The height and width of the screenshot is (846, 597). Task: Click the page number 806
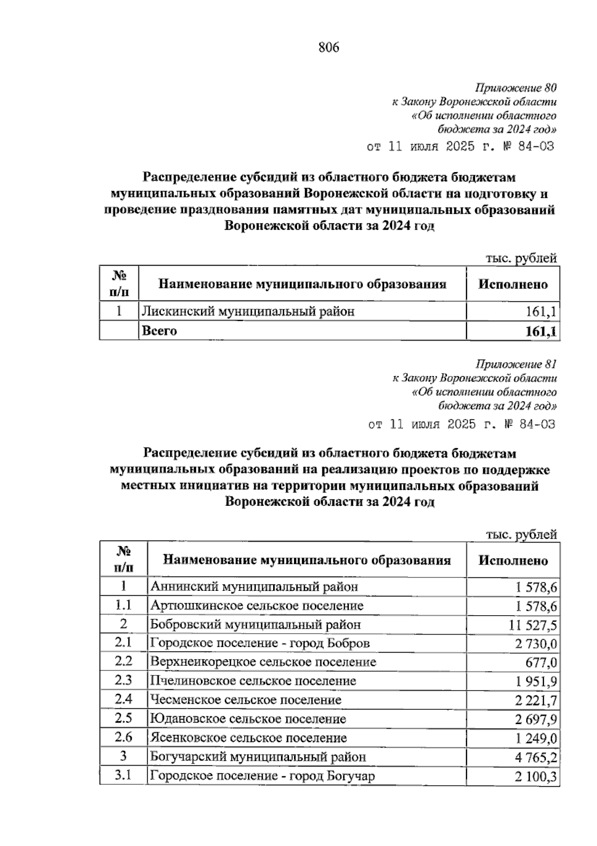click(328, 48)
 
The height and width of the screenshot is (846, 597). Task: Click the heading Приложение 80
click(515, 89)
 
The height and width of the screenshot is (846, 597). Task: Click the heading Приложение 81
click(516, 364)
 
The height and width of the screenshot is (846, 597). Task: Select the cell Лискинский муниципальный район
click(248, 312)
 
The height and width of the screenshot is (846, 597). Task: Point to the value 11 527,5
click(533, 625)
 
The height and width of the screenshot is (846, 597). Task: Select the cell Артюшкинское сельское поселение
click(257, 606)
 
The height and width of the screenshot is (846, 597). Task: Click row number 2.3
click(123, 681)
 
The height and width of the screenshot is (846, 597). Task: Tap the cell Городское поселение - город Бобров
click(260, 644)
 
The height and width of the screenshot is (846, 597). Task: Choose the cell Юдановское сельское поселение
click(248, 719)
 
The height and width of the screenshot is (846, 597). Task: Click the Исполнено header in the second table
click(513, 561)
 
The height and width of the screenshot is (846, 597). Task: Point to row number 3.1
click(123, 775)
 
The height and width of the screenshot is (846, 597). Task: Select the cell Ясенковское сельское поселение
click(248, 738)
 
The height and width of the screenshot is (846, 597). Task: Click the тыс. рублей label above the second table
click(521, 535)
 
